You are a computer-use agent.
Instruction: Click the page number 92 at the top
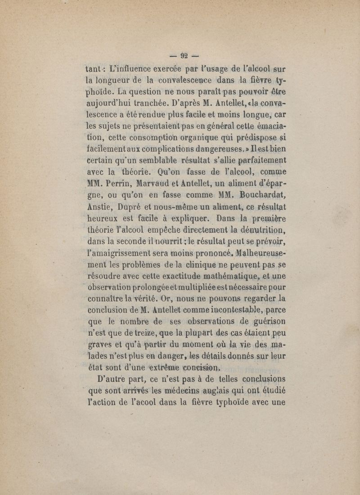pos(183,56)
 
